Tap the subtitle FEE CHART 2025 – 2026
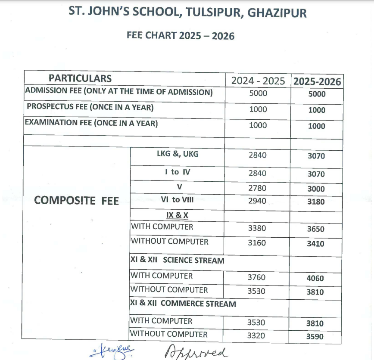point(181,36)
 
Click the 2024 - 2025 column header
point(258,81)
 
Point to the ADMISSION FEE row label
point(119,92)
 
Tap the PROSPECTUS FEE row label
point(90,107)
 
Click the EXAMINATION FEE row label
point(91,123)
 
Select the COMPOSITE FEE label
point(76,200)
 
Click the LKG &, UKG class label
point(178,154)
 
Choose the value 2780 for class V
point(257,188)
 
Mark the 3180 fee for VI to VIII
point(316,202)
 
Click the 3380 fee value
point(257,228)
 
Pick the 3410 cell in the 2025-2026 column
point(316,244)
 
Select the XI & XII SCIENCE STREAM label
point(177,261)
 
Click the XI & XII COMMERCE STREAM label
point(183,304)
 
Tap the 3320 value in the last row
point(257,336)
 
